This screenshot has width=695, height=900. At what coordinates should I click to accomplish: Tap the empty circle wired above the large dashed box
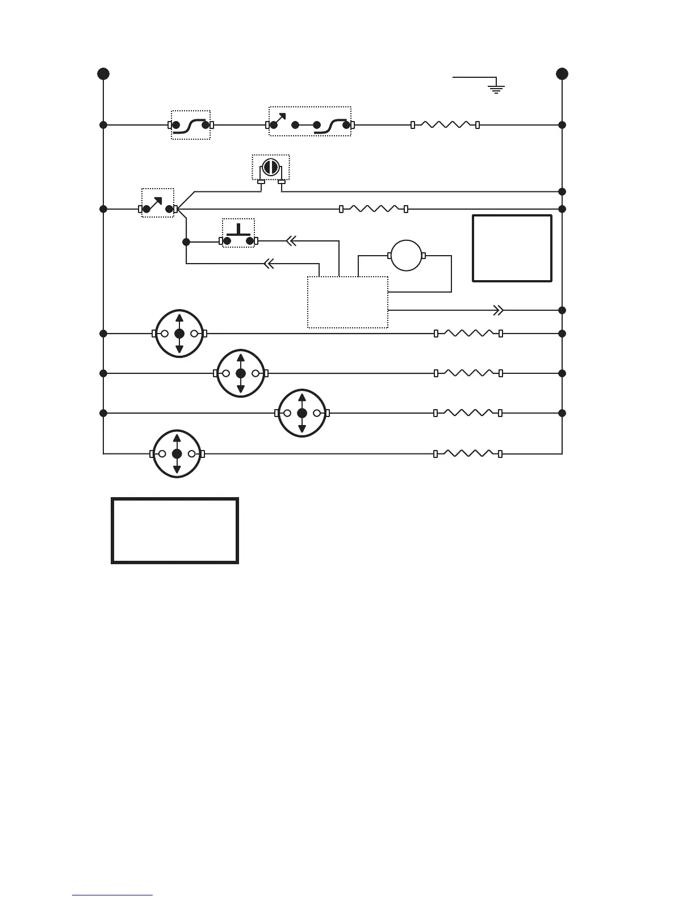pyautogui.click(x=406, y=256)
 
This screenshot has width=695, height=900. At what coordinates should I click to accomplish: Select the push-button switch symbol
pyautogui.click(x=238, y=235)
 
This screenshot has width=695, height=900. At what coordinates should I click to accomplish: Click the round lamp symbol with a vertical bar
pyautogui.click(x=270, y=168)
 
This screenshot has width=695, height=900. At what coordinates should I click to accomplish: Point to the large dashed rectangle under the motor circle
pyautogui.click(x=347, y=302)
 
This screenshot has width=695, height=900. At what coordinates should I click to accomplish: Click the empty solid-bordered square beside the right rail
pyautogui.click(x=512, y=248)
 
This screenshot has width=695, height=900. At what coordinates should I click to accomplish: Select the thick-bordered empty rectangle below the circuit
pyautogui.click(x=175, y=531)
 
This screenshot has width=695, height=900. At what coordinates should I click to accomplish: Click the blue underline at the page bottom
pyautogui.click(x=112, y=895)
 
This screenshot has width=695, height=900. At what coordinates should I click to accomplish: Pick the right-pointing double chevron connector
pyautogui.click(x=498, y=310)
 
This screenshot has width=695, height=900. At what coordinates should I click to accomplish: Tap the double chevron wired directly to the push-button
pyautogui.click(x=291, y=241)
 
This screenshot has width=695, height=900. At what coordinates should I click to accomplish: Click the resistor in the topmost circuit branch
pyautogui.click(x=445, y=124)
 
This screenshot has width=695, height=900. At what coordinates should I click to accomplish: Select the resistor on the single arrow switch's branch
pyautogui.click(x=373, y=209)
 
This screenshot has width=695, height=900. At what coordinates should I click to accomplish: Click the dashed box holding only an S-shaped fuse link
pyautogui.click(x=191, y=125)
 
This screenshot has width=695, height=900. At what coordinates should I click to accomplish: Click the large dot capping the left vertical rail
pyautogui.click(x=103, y=74)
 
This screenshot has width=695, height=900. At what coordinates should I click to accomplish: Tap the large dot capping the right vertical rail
pyautogui.click(x=562, y=74)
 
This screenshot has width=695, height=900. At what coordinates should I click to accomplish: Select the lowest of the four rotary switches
pyautogui.click(x=177, y=454)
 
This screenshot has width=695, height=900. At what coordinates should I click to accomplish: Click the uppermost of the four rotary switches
pyautogui.click(x=179, y=334)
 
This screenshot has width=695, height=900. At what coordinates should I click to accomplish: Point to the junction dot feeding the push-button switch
pyautogui.click(x=186, y=241)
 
